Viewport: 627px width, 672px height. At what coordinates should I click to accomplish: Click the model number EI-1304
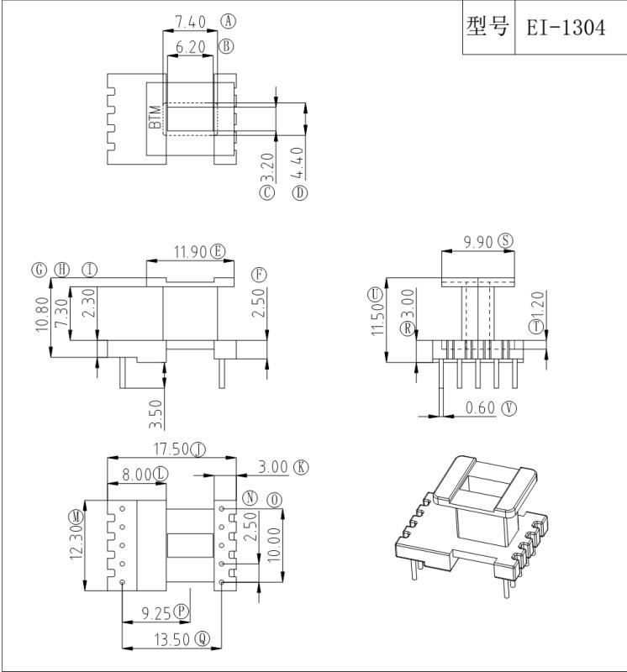point(565,28)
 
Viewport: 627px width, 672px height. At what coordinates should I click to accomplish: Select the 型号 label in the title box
point(487,27)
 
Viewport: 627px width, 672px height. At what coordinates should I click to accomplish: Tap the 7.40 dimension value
point(190,21)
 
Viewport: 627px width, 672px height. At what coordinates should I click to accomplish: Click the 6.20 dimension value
point(191,48)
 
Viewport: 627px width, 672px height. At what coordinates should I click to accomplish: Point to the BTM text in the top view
point(155,117)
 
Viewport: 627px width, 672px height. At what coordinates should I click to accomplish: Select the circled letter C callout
point(268,192)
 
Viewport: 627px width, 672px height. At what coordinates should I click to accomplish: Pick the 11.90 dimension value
point(190,251)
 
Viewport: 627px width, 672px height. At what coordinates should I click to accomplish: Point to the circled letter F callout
point(259,275)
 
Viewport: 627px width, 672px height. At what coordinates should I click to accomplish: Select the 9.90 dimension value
point(478,241)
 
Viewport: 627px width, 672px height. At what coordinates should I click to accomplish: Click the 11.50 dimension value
point(378,319)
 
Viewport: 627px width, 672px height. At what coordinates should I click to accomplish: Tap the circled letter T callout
point(535,327)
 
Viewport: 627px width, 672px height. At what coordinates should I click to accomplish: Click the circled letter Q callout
point(202,638)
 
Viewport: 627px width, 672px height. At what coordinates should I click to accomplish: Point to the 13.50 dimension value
point(169,638)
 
